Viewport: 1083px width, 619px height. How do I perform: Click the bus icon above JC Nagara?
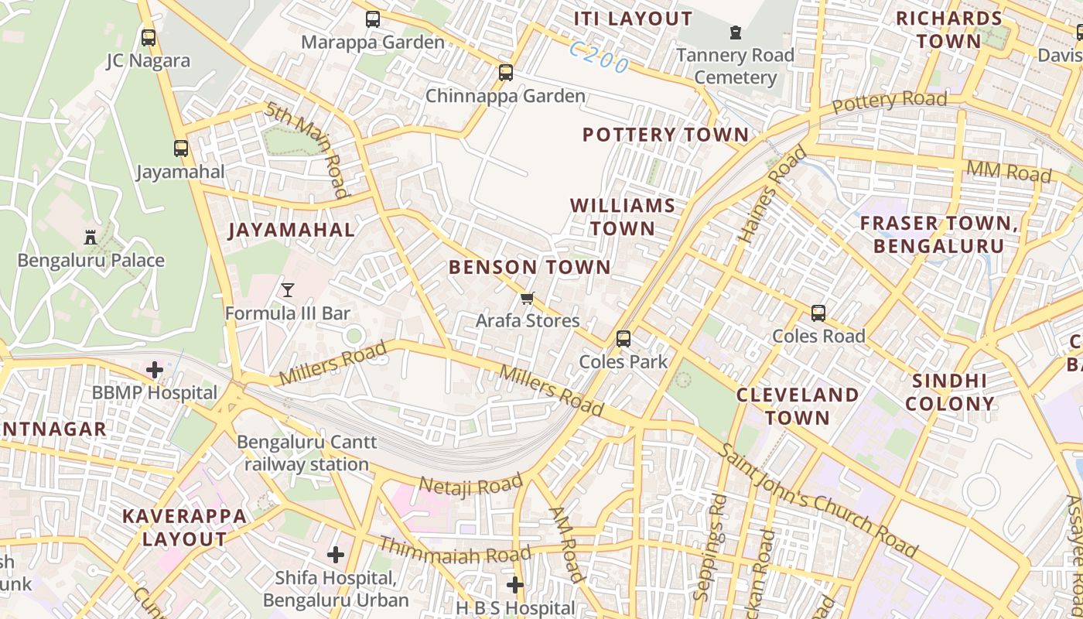coord(149,37)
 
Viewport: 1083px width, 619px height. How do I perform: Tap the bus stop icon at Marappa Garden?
coord(373,19)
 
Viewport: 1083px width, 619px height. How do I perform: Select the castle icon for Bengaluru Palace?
coord(91,237)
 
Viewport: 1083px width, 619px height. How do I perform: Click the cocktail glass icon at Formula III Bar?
coord(288,290)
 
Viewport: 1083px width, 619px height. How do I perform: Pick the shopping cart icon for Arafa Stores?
coord(528,298)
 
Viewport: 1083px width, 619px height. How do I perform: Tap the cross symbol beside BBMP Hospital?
coord(155,370)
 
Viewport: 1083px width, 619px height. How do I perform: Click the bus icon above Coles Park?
coord(623,339)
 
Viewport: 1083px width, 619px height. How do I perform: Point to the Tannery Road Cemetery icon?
coord(735,32)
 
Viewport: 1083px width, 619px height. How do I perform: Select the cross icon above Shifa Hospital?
coord(336,554)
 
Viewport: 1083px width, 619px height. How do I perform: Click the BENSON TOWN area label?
coord(529,268)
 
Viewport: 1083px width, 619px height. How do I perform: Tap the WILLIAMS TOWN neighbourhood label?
coord(623,217)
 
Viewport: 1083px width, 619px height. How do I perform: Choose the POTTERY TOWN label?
coord(665,135)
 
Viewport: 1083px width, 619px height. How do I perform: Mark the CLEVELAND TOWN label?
coord(797,406)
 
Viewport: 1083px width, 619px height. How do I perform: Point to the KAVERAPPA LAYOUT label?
coord(184,527)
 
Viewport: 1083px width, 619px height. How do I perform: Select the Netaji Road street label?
coord(470,486)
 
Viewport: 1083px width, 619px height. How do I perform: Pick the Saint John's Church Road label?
coord(818,501)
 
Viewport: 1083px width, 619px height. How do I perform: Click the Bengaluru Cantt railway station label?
coord(306,453)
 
